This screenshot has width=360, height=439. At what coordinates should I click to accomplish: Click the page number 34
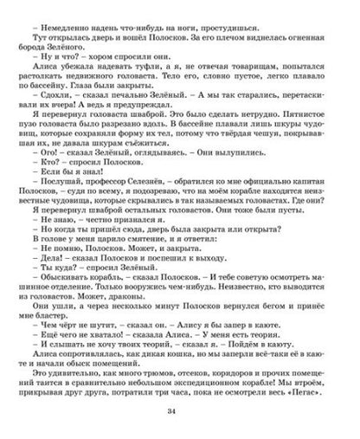tap(180, 421)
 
